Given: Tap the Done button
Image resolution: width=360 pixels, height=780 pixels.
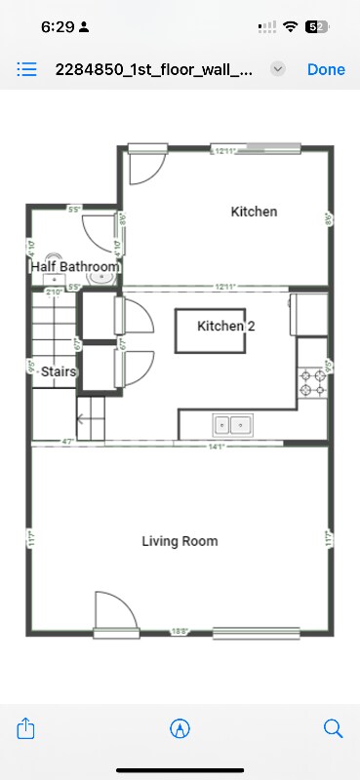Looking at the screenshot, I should click(x=326, y=69).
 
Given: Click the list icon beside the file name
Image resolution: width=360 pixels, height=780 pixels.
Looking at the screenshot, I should click(x=27, y=69).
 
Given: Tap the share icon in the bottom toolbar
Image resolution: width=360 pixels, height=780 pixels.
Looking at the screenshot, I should click(x=27, y=728).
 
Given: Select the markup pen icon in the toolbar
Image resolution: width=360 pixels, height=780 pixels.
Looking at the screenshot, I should click(x=180, y=728).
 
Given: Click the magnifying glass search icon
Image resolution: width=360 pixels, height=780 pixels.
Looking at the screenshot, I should click(x=333, y=728).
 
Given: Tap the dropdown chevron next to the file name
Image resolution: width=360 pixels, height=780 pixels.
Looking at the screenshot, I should click(x=278, y=69).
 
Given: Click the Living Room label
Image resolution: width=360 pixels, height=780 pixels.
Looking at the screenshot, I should click(x=180, y=541).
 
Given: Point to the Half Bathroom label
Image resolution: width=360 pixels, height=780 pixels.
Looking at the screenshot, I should click(x=75, y=266).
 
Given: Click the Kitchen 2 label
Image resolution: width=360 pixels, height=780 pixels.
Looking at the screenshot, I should click(x=226, y=326).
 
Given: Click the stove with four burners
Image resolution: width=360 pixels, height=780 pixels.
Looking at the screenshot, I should click(x=312, y=382).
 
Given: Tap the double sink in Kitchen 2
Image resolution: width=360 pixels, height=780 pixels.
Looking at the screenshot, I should click(x=233, y=425).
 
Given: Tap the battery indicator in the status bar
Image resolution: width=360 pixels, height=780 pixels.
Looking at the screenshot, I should click(x=316, y=27).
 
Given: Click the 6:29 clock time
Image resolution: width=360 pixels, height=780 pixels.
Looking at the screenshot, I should click(x=57, y=27).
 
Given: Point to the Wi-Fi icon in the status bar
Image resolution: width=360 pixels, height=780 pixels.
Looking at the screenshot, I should click(x=290, y=27).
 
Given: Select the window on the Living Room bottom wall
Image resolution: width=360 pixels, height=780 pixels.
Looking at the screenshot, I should click(x=256, y=632).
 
